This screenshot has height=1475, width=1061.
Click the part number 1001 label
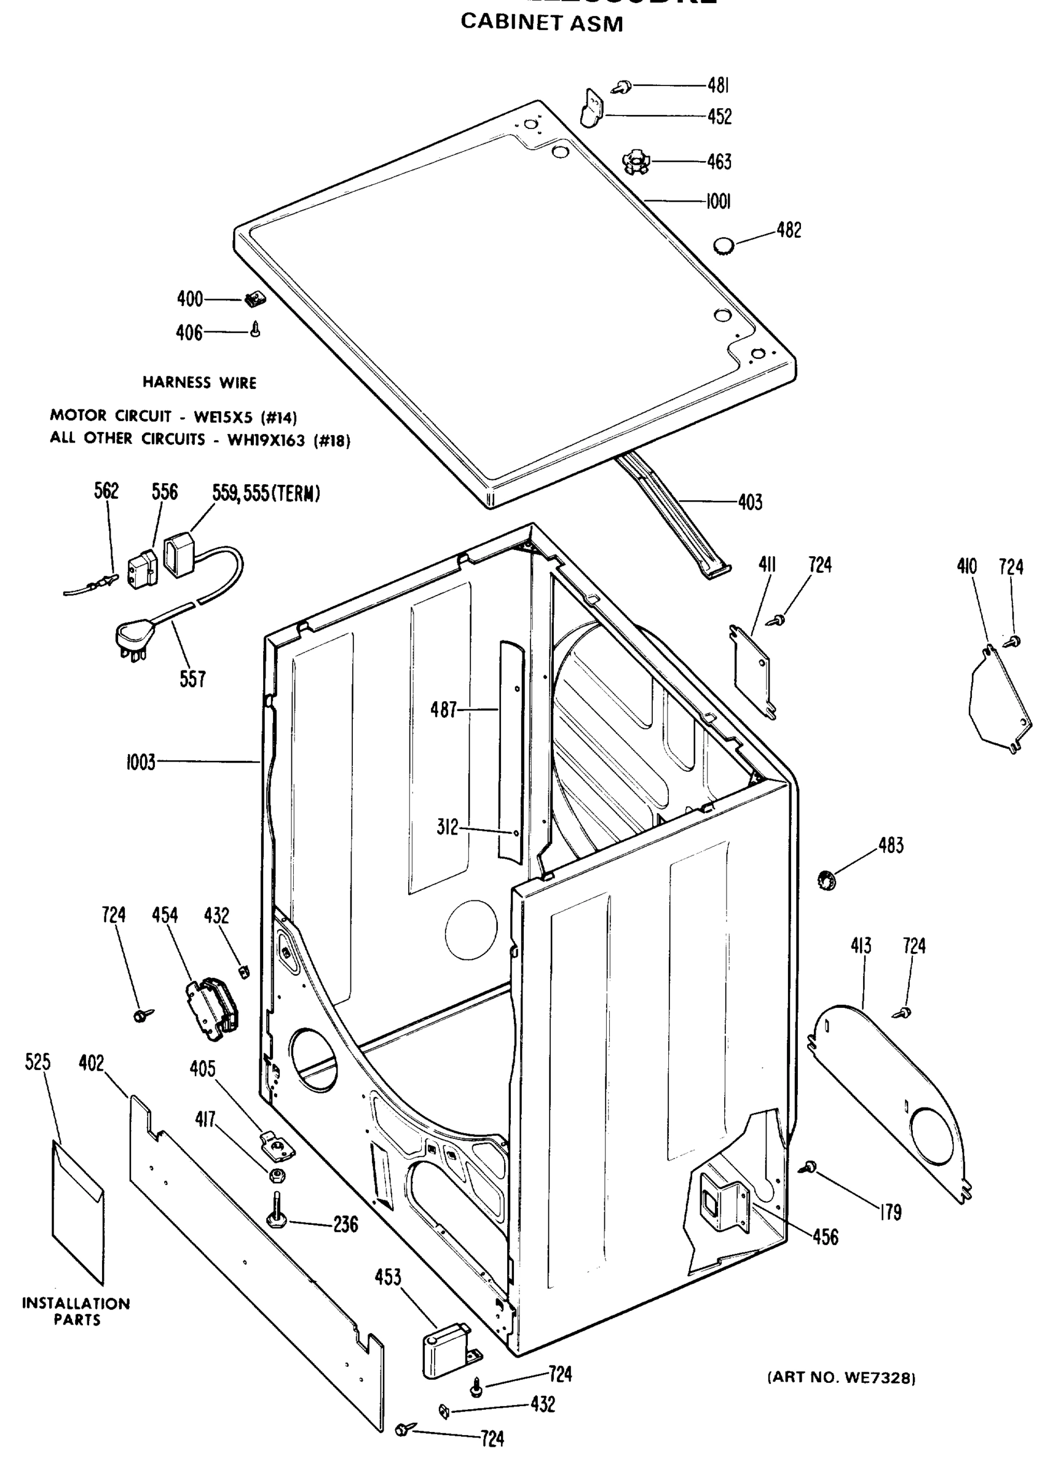[718, 202]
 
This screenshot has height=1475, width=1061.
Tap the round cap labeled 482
[724, 246]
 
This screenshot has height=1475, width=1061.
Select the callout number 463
[719, 162]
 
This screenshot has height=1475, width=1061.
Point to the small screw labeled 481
[623, 86]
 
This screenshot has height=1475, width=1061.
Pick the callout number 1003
[141, 761]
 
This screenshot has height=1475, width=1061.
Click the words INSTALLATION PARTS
[76, 1311]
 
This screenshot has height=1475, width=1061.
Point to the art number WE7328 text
[842, 1377]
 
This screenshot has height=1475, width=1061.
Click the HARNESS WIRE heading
[199, 382]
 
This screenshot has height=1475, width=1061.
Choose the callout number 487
[444, 709]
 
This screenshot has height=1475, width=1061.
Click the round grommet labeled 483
[827, 881]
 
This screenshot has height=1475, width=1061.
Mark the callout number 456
[825, 1237]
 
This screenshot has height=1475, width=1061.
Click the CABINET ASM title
[541, 23]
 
